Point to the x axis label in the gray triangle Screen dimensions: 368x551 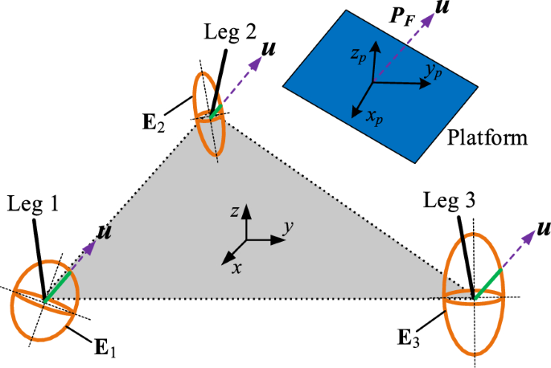click(236, 267)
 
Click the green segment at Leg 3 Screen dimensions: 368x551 click(489, 284)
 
